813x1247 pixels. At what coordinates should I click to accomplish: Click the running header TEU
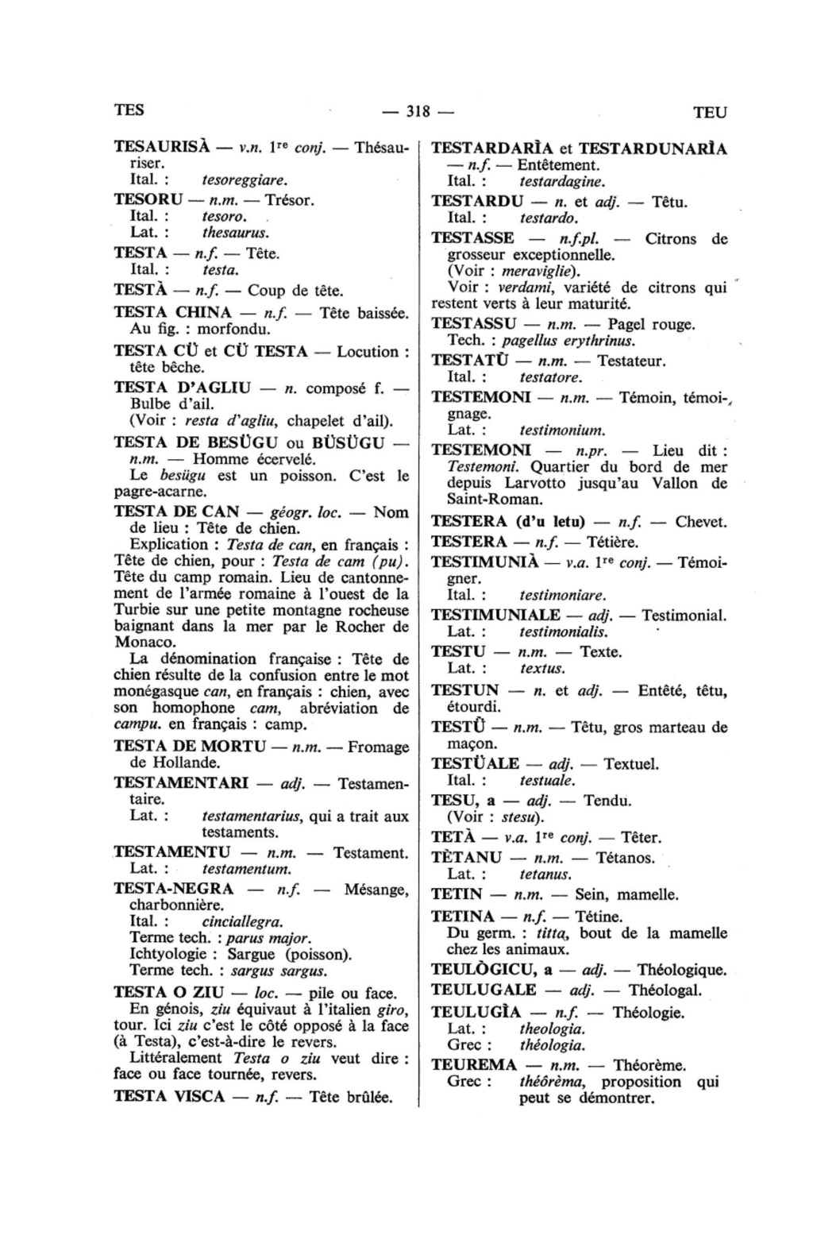pyautogui.click(x=710, y=113)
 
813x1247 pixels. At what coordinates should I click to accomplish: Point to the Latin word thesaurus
pyautogui.click(x=236, y=233)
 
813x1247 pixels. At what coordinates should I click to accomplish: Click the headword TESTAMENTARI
pyautogui.click(x=182, y=782)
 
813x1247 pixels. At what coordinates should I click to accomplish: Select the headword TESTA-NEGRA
pyautogui.click(x=174, y=889)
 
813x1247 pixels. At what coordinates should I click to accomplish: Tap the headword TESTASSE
pyautogui.click(x=472, y=238)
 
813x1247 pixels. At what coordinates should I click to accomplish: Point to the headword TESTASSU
pyautogui.click(x=474, y=324)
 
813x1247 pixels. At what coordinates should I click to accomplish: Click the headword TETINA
pyautogui.click(x=463, y=916)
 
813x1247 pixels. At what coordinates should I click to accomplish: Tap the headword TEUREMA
pyautogui.click(x=474, y=1065)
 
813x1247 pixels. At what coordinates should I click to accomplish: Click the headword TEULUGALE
pyautogui.click(x=484, y=990)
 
